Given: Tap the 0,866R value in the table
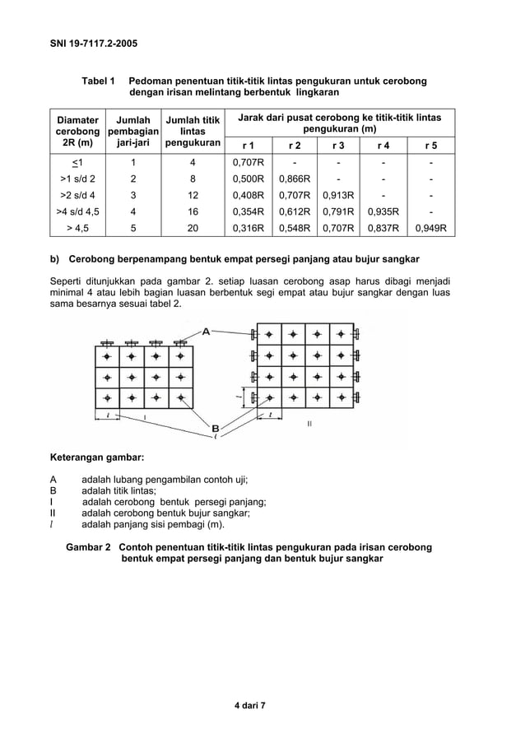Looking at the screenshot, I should coord(295,178).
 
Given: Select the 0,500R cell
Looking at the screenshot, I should coord(249,178).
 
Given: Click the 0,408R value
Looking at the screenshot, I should coord(249,195).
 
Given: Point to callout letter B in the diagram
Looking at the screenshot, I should coord(216,428).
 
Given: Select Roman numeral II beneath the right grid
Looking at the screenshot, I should coord(309,423).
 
